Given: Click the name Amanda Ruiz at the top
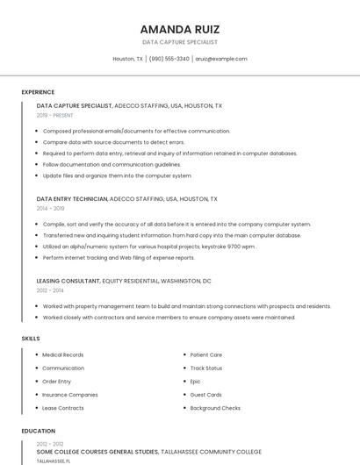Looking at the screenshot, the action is (179, 29).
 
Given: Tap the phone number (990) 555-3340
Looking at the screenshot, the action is (169, 59).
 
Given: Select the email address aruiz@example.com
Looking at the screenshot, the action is (221, 59).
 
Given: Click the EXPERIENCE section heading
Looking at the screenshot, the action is (38, 92).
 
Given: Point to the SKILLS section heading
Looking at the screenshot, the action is (30, 338).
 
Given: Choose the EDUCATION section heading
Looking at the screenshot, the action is (38, 431).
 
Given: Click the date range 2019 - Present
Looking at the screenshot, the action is (54, 115).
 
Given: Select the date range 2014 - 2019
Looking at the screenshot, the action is (50, 209).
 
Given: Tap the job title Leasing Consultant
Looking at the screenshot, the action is (68, 281).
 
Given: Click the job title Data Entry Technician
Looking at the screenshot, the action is (72, 199).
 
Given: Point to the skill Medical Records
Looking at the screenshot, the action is (63, 354).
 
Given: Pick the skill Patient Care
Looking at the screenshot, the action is (205, 354).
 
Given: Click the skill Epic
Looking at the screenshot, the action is (195, 382).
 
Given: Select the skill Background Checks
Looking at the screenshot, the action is (215, 408).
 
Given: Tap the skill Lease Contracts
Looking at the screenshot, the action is (63, 408).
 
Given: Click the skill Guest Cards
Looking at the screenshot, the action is (205, 395).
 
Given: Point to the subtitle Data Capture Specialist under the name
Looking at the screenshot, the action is (180, 42).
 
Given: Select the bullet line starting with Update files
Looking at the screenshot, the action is (117, 175).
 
